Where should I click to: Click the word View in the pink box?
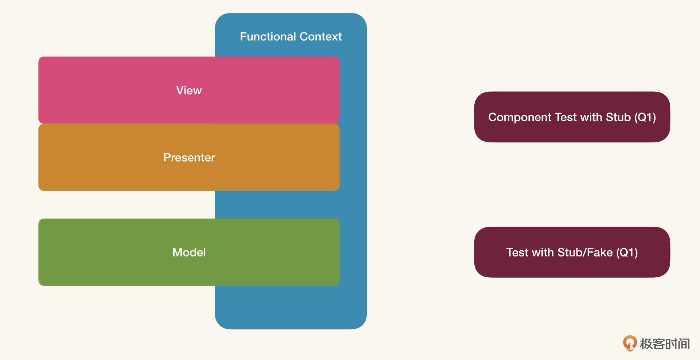pyautogui.click(x=189, y=90)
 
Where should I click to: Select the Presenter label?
pyautogui.click(x=189, y=157)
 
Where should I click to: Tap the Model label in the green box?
pyautogui.click(x=189, y=252)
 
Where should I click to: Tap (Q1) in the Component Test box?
pyautogui.click(x=645, y=117)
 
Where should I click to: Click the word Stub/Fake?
pyautogui.click(x=585, y=252)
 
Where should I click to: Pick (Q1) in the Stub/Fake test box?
pyautogui.click(x=627, y=253)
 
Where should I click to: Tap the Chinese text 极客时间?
pyautogui.click(x=665, y=344)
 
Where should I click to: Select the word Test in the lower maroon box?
pyautogui.click(x=517, y=252)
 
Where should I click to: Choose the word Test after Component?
pyautogui.click(x=566, y=117)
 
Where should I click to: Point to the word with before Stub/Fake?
pyautogui.click(x=543, y=252)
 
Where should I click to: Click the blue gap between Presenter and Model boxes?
pyautogui.click(x=277, y=205)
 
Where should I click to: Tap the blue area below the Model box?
pyautogui.click(x=291, y=307)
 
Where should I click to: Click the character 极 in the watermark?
pyautogui.click(x=646, y=344)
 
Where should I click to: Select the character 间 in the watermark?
pyautogui.click(x=684, y=344)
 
